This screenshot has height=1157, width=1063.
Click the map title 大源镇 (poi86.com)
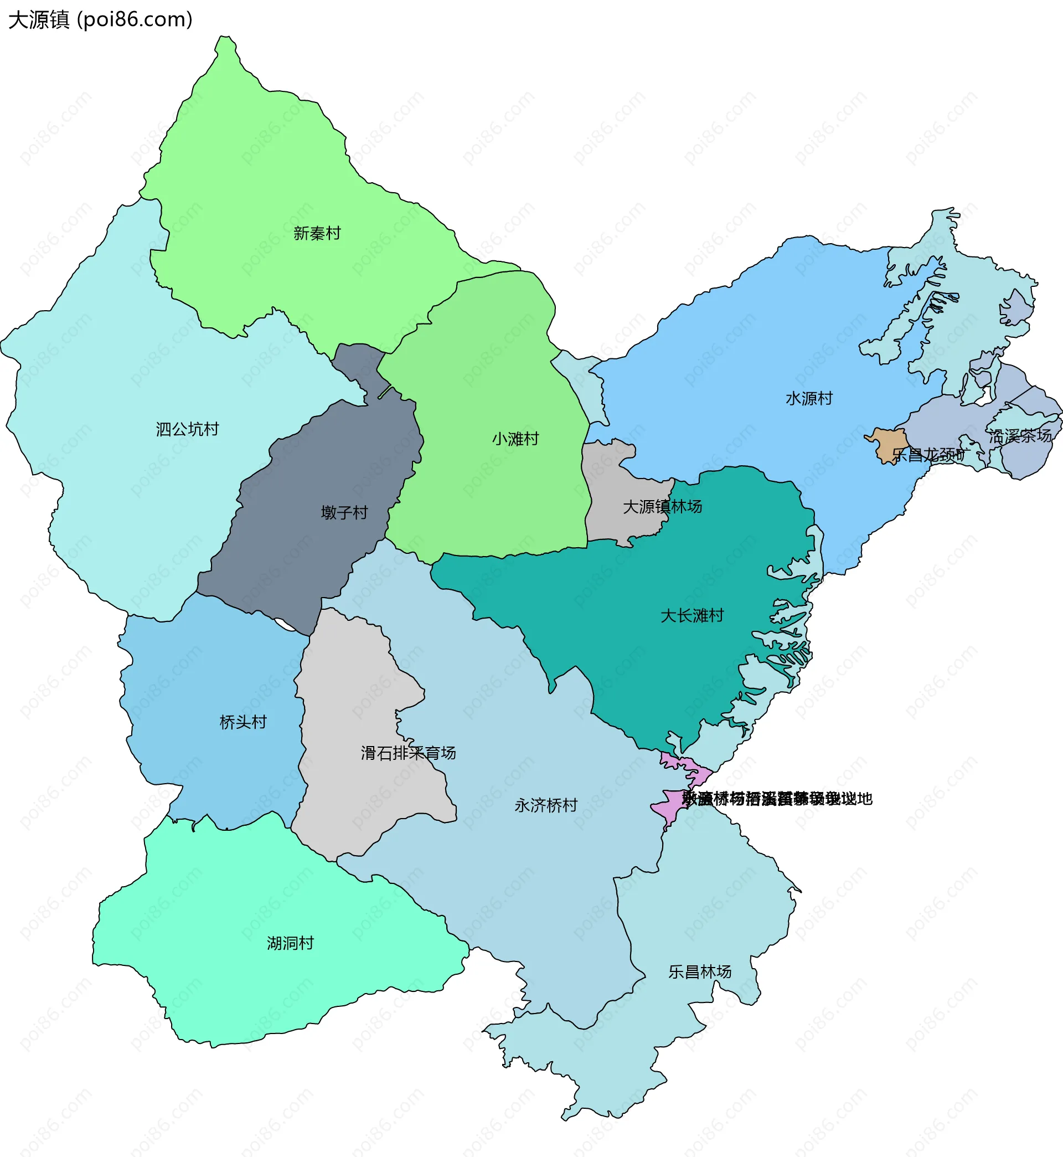100,19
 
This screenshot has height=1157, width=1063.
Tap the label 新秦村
317,233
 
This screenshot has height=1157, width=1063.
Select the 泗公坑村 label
187,429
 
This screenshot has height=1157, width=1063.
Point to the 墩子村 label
344,513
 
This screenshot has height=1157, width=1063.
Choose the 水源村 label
809,399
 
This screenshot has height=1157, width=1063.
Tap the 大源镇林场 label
662,507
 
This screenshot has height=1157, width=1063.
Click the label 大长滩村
692,616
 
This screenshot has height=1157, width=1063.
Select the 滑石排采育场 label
408,753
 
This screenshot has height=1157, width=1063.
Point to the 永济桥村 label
545,805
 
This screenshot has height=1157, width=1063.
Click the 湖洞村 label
290,944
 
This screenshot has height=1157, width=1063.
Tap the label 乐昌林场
699,972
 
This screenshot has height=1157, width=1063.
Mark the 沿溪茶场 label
1020,436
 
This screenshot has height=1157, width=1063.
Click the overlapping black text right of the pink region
777,799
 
